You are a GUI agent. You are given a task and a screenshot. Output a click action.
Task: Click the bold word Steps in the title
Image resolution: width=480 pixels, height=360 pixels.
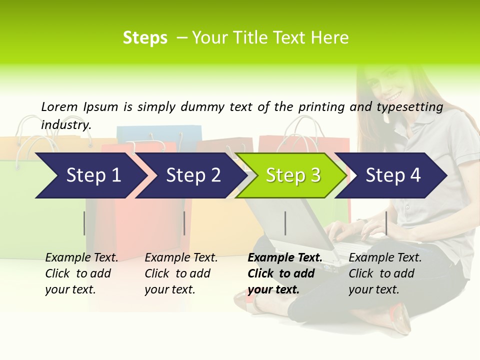(145, 38)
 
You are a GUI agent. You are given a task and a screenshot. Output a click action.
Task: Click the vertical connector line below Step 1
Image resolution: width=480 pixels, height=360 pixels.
(84, 223)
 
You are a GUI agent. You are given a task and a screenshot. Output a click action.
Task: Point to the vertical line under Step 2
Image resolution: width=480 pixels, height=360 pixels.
(184, 223)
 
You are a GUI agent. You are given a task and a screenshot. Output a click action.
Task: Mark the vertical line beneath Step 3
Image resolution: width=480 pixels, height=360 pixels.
(285, 223)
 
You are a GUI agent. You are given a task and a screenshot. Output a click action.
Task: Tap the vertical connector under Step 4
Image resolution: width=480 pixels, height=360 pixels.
(386, 223)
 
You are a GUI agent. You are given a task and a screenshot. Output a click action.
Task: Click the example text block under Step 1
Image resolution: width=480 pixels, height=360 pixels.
(81, 273)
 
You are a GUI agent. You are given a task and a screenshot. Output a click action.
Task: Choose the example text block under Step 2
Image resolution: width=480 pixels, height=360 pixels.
(181, 273)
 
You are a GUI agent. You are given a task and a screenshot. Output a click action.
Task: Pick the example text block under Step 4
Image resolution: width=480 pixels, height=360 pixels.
(385, 273)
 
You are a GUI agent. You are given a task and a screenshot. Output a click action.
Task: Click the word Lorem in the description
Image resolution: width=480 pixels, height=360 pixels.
(59, 106)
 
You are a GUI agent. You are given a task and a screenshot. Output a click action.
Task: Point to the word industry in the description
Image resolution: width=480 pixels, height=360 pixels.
(66, 124)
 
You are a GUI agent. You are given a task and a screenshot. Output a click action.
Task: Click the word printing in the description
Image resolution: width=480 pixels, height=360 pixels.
(321, 107)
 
